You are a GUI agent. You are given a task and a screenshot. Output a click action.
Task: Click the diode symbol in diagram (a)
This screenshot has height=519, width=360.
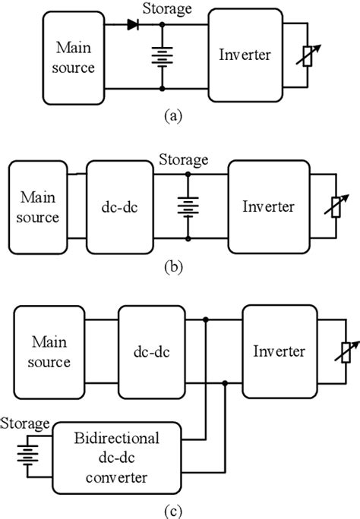point(134,24)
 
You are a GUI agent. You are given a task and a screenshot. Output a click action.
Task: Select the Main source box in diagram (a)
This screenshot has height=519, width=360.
point(74,57)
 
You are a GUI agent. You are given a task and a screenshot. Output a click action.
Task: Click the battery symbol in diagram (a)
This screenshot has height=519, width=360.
point(163,57)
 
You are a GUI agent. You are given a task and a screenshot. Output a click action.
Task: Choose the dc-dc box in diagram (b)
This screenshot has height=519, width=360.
point(120,205)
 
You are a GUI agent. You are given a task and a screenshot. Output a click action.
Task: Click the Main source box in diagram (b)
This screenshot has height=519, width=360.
point(39,206)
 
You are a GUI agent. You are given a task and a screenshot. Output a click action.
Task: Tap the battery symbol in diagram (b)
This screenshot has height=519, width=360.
point(187,206)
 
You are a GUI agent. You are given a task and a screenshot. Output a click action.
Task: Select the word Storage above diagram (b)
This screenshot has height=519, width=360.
point(182,160)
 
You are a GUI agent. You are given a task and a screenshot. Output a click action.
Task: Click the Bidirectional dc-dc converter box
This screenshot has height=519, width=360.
point(117,457)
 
